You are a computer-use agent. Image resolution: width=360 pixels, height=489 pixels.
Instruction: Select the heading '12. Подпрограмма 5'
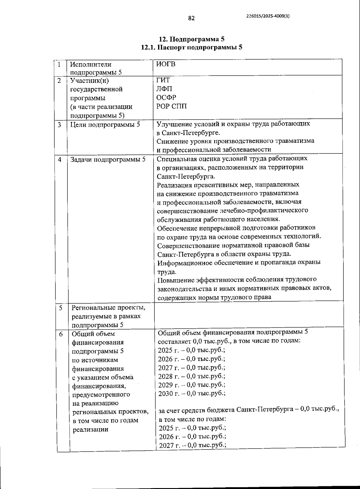(x=191, y=39)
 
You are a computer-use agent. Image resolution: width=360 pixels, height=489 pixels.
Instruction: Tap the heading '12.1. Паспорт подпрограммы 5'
(x=191, y=47)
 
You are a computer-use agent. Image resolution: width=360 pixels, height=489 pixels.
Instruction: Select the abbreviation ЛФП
(x=164, y=89)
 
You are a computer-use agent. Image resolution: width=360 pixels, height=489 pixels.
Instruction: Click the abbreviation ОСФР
(x=166, y=97)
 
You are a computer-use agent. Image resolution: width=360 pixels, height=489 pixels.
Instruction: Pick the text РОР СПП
(x=171, y=106)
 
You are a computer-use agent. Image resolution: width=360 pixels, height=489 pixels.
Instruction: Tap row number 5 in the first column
(x=61, y=308)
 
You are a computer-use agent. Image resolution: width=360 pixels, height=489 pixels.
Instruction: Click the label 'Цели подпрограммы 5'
(x=105, y=124)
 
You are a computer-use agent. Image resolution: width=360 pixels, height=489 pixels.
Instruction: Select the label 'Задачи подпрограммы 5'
(x=108, y=160)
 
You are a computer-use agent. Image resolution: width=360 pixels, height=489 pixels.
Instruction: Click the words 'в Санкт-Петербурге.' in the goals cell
(x=188, y=133)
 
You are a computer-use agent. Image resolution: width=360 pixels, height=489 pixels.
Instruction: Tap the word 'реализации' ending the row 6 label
(x=90, y=429)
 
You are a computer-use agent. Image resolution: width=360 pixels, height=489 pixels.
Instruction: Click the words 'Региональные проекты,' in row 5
(x=108, y=308)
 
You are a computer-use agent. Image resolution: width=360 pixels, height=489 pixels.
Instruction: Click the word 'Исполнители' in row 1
(x=91, y=64)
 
